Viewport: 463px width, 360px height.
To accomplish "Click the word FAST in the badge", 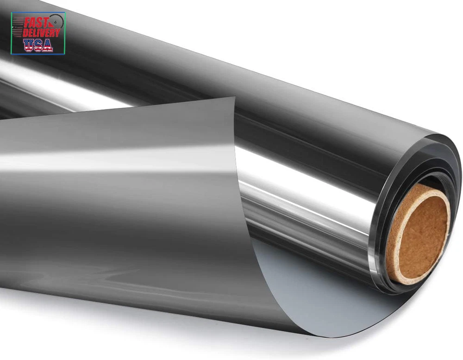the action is pos(36,22).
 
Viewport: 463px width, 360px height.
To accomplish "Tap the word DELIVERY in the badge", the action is pos(41,32).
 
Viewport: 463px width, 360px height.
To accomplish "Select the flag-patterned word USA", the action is pos(38,45).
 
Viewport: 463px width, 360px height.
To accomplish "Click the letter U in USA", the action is pos(29,45).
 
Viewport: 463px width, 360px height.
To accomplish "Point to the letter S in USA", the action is pos(38,45).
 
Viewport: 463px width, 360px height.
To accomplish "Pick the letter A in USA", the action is pos(48,45).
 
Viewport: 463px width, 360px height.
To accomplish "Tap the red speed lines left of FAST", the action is pos(18,27).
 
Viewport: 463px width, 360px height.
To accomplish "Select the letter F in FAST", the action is pos(27,23).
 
